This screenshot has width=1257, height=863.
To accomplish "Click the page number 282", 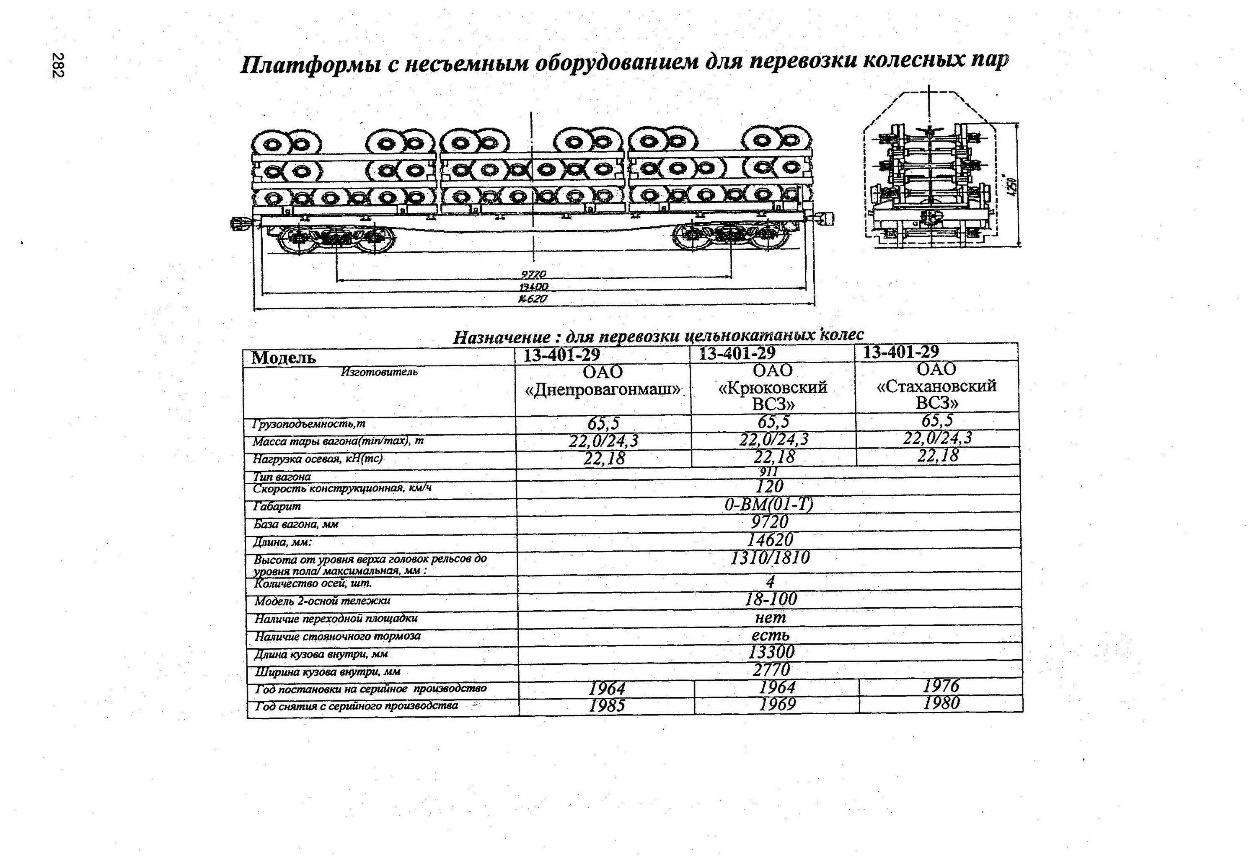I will [58, 65].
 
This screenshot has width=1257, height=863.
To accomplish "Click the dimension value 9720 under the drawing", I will [533, 274].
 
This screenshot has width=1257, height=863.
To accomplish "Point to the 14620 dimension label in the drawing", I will [533, 299].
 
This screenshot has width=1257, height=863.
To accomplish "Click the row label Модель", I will [283, 358].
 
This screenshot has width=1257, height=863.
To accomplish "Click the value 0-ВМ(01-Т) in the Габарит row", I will [768, 504].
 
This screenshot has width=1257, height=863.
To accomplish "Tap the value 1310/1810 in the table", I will [770, 558].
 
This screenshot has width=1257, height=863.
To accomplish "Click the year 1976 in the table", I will [941, 686].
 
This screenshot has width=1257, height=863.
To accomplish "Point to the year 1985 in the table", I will [606, 705].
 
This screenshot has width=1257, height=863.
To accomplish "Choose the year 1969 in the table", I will [777, 704].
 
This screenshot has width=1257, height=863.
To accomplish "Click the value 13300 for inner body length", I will [771, 652].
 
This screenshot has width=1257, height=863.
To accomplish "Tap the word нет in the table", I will [770, 617].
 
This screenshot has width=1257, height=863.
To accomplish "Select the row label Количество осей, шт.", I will [313, 583].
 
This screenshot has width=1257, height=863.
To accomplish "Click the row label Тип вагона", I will [282, 477].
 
